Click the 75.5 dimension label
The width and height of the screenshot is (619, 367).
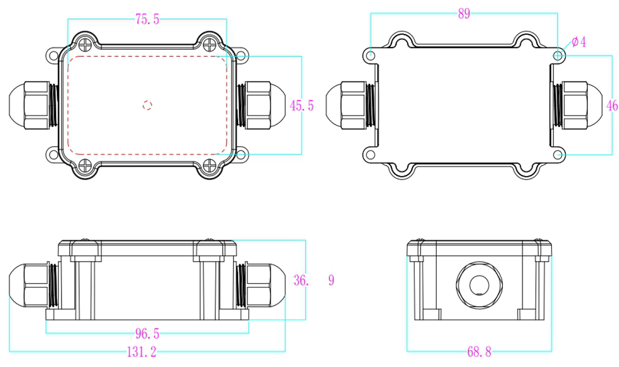click(x=147, y=20)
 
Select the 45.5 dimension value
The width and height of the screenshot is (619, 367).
click(x=302, y=106)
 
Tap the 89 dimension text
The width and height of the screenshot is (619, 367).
click(x=464, y=14)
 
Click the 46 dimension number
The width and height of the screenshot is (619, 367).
click(x=612, y=106)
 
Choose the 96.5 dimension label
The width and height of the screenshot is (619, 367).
click(x=147, y=333)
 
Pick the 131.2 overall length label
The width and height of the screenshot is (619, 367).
click(x=141, y=352)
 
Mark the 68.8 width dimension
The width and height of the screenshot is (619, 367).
click(x=479, y=352)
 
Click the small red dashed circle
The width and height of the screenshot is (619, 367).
click(x=147, y=105)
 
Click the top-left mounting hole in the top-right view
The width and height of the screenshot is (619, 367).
click(x=370, y=55)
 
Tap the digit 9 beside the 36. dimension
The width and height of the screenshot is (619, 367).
click(x=331, y=281)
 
